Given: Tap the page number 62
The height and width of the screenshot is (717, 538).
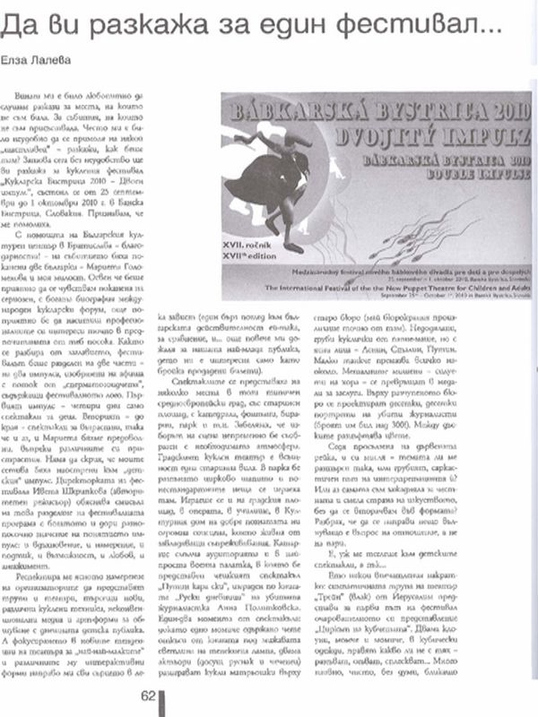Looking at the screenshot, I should pyautogui.click(x=148, y=695).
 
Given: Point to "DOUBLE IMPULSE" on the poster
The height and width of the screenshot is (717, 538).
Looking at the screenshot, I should pyautogui.click(x=448, y=176).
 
